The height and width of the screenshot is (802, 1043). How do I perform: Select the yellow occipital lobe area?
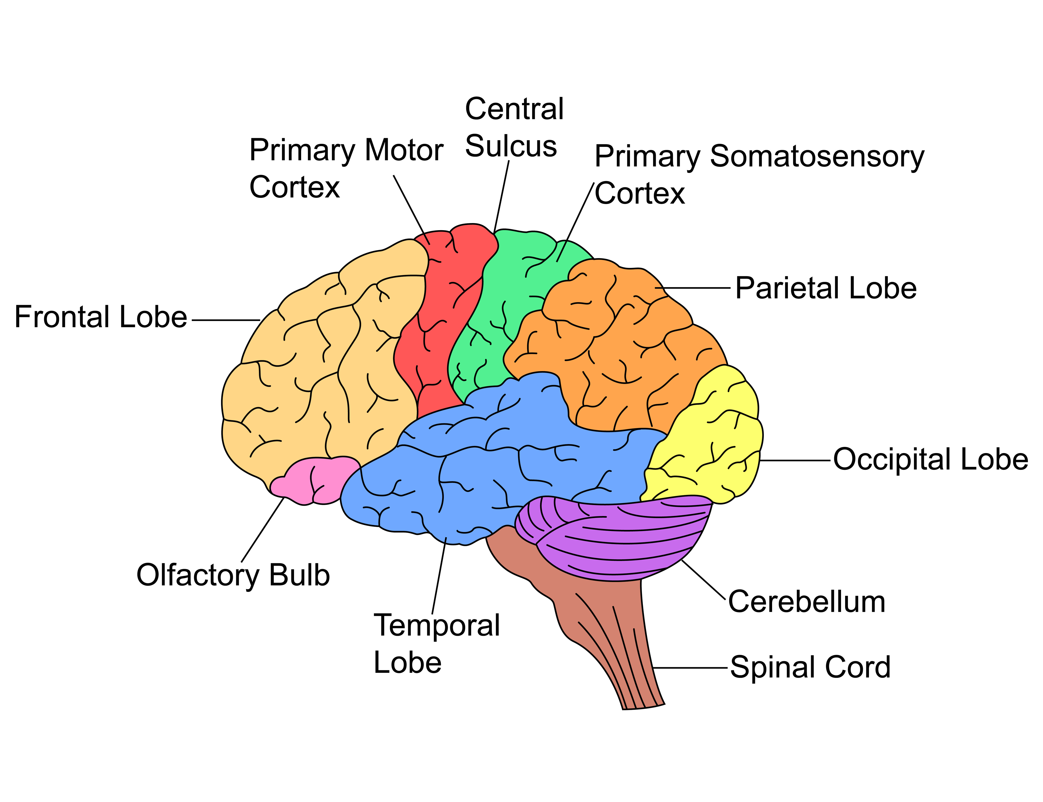tap(707, 444)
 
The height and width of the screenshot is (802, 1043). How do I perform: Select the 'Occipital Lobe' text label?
tap(930, 460)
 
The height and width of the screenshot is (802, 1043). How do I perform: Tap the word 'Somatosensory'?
tap(817, 157)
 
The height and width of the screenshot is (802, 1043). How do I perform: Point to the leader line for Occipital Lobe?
tap(795, 461)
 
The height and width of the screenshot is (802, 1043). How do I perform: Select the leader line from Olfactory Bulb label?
tap(263, 530)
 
